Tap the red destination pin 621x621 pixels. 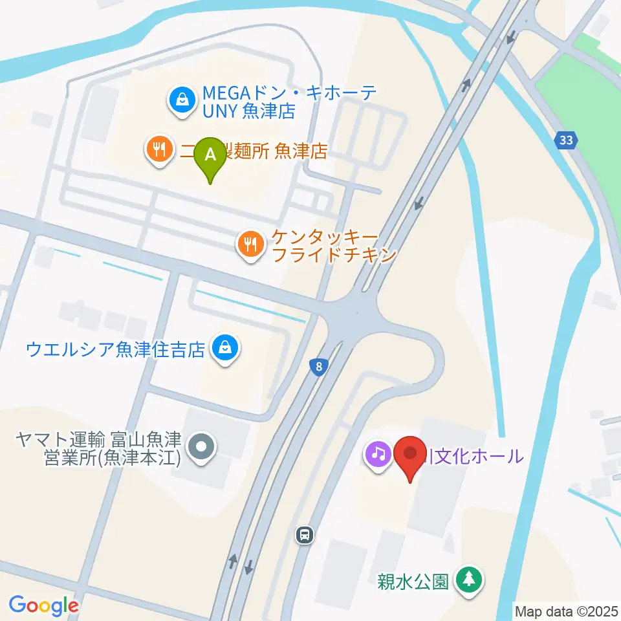click(411, 455)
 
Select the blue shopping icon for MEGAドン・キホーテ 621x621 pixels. click(183, 100)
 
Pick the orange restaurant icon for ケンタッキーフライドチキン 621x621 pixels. click(249, 245)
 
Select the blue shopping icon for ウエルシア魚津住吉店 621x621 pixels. click(226, 349)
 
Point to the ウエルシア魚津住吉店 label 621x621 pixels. click(116, 350)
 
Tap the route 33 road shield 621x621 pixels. click(567, 139)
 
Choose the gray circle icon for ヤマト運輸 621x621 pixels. click(201, 446)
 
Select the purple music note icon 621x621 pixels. click(378, 453)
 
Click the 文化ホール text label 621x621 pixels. click(474, 456)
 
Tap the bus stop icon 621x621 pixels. click(305, 534)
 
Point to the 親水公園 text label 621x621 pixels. click(413, 582)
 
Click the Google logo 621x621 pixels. click(43, 605)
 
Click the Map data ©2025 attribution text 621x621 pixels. click(566, 611)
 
